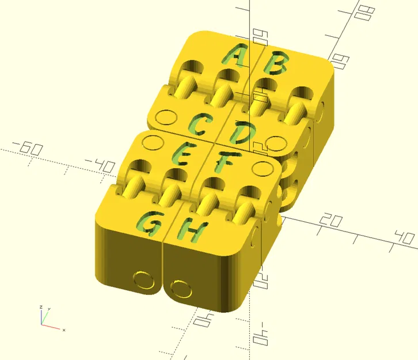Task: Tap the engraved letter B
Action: [276, 64]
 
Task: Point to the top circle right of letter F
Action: [261, 168]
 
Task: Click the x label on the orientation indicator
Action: [63, 330]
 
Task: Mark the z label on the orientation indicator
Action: [40, 306]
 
